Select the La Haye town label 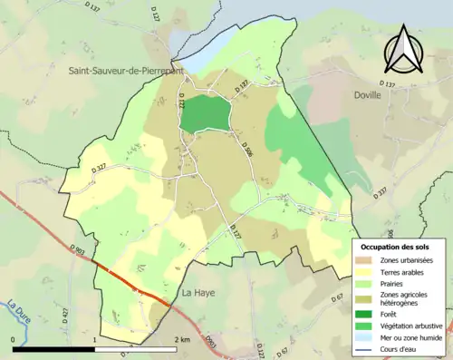(198, 293)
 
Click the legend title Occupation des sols (395, 246)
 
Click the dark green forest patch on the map (204, 115)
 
